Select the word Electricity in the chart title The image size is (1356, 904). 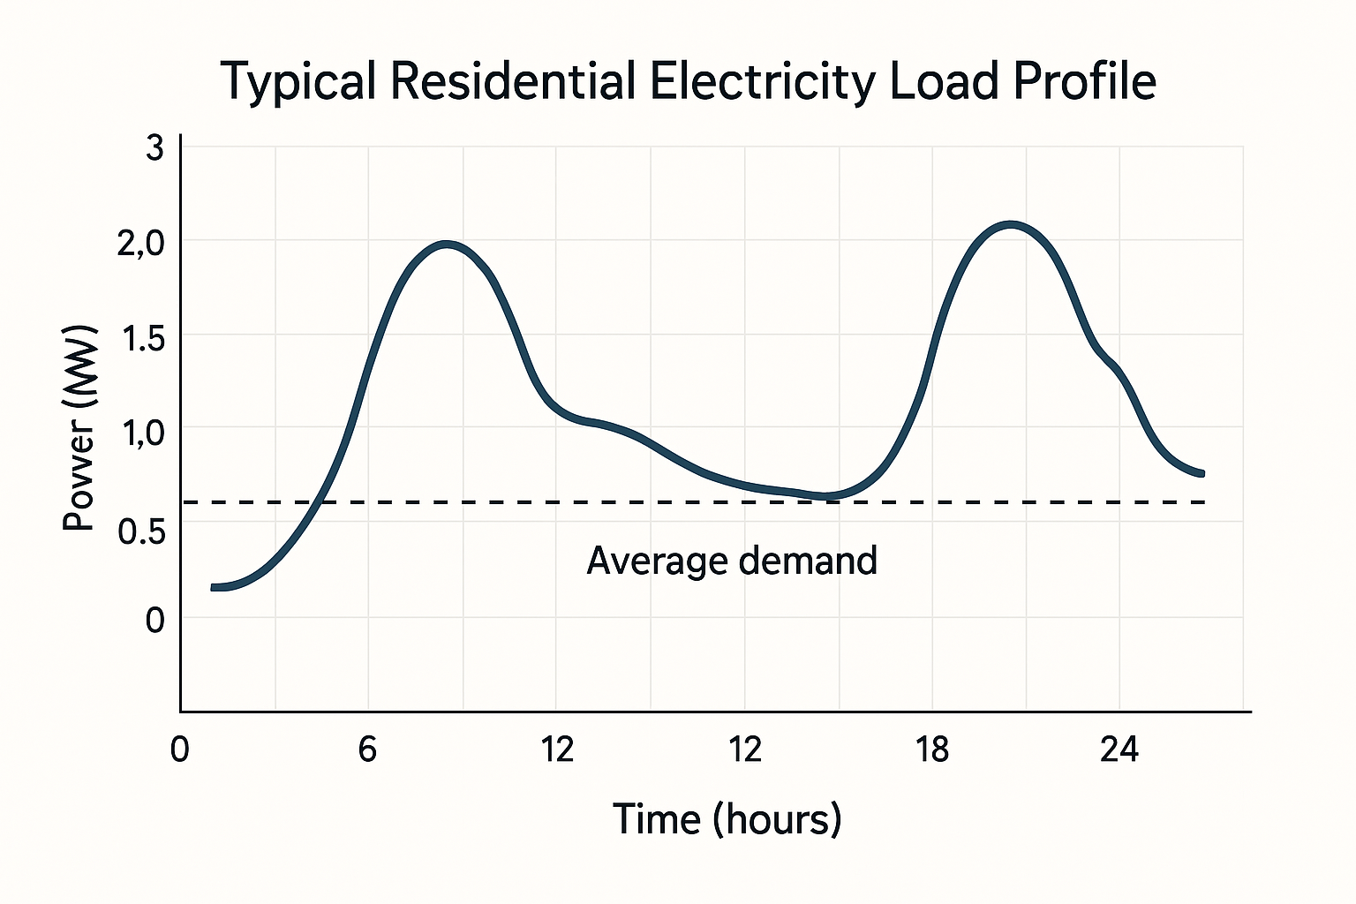(764, 83)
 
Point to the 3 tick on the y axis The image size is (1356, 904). (154, 148)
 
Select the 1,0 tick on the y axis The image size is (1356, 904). (140, 433)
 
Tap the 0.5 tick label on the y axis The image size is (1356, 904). (140, 531)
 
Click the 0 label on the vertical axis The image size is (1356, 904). (154, 621)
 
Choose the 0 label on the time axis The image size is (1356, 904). (179, 750)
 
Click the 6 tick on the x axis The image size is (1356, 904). (367, 750)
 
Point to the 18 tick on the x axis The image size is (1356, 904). (932, 750)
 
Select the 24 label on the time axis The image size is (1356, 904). (1119, 750)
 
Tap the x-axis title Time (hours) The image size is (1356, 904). (727, 819)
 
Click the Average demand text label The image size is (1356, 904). (732, 561)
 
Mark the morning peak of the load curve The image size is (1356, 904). (448, 244)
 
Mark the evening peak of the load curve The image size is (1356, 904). (1011, 224)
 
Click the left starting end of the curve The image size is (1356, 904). (215, 587)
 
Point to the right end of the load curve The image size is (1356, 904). (1201, 474)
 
